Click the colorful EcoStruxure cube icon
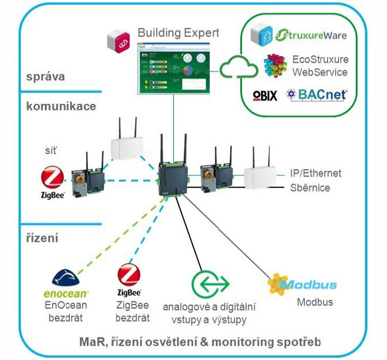click(276, 66)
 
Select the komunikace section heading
click(61, 106)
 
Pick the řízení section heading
click(44, 238)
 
